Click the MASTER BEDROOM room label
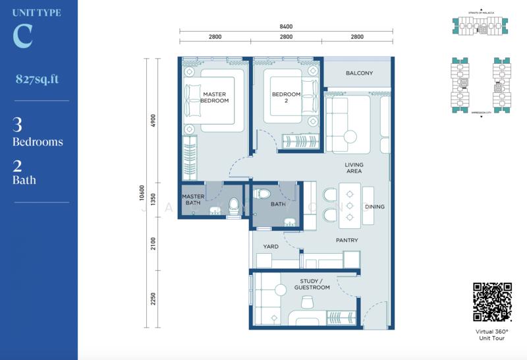[x=215, y=98]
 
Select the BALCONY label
[x=359, y=73]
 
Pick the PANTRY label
[x=347, y=241]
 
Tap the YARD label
[x=271, y=247]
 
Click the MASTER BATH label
[x=192, y=200]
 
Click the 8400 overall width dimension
[x=285, y=27]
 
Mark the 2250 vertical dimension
[x=153, y=299]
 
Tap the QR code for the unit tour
[x=492, y=302]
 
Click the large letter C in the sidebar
[x=22, y=38]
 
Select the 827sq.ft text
[x=37, y=79]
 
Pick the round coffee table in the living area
[x=350, y=137]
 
